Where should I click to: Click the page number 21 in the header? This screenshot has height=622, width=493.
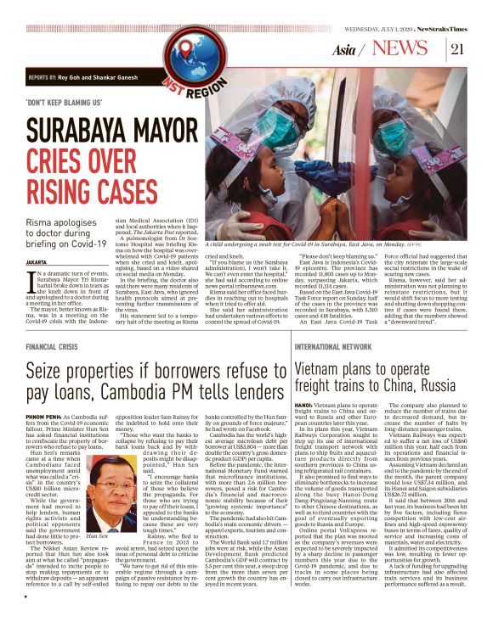(456, 48)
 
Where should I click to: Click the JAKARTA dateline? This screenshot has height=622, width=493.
(36, 263)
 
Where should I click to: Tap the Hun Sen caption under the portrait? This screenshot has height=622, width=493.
(98, 536)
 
